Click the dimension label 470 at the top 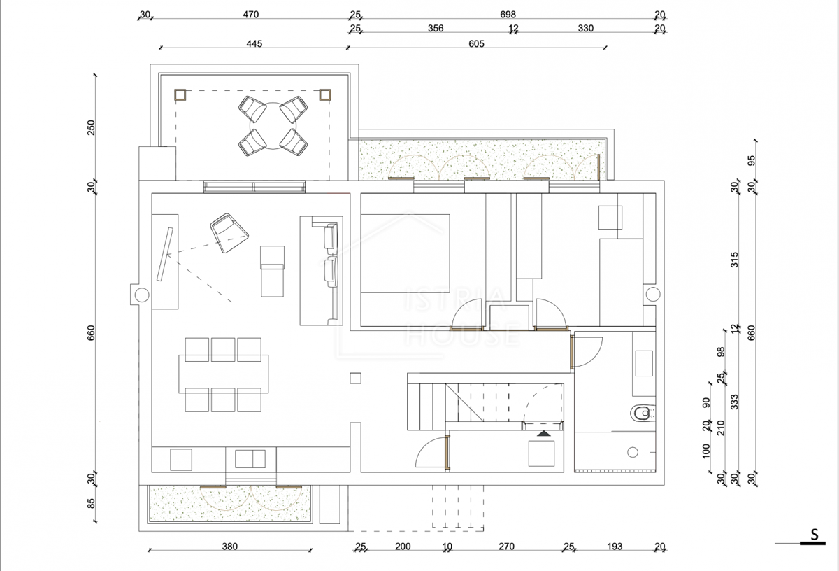(250, 14)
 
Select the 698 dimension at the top (508, 14)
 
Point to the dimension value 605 (476, 44)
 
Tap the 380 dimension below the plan (229, 547)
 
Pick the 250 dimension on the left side (91, 127)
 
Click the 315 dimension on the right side (735, 260)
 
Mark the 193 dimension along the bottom (615, 547)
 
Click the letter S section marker (815, 534)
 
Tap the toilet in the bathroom (643, 413)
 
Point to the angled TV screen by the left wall (165, 254)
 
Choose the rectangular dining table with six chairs (224, 374)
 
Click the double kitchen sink (250, 458)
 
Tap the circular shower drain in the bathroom (633, 452)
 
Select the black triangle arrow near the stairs (544, 433)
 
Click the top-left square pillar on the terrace (180, 95)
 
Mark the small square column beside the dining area (355, 379)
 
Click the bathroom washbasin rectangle (644, 363)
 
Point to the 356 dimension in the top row (436, 28)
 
